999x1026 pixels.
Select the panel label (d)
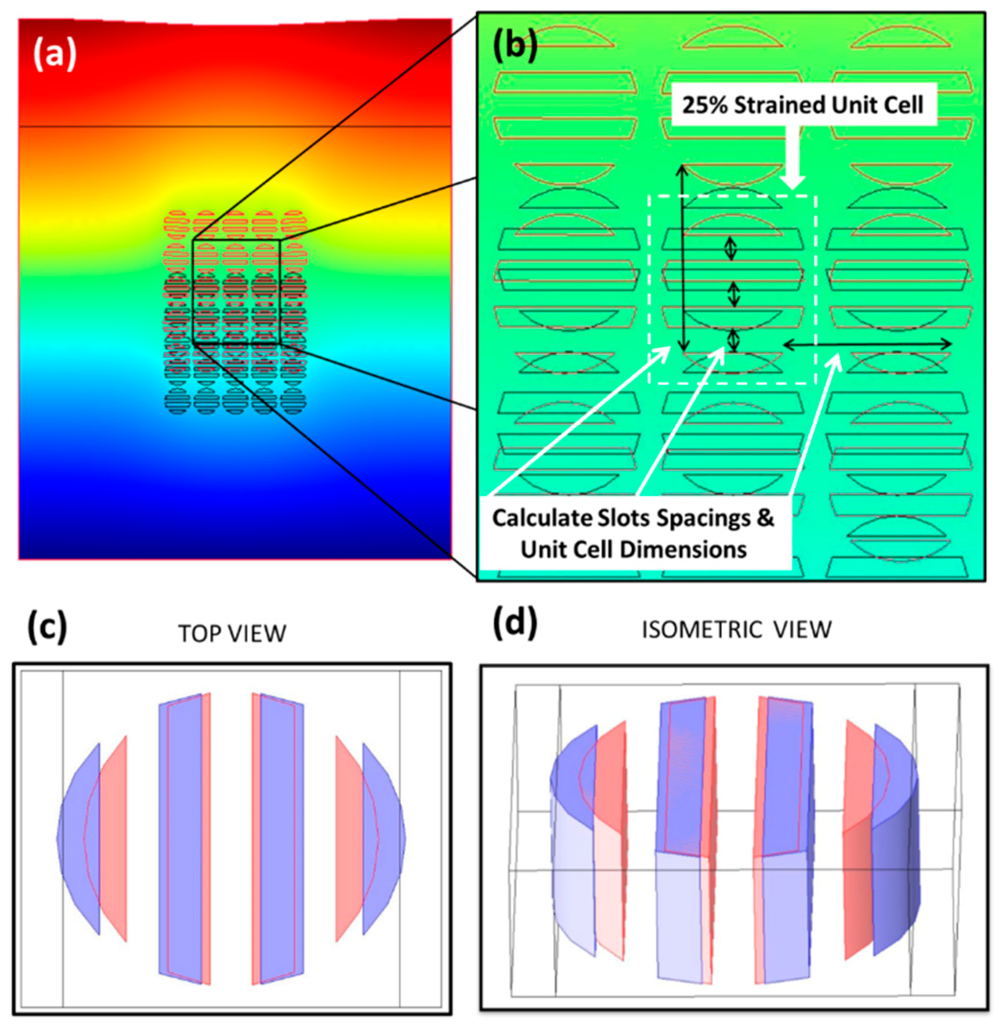(515, 623)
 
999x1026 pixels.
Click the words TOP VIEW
(232, 634)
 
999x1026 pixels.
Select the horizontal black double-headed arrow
(867, 344)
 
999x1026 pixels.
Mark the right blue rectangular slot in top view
(282, 838)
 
